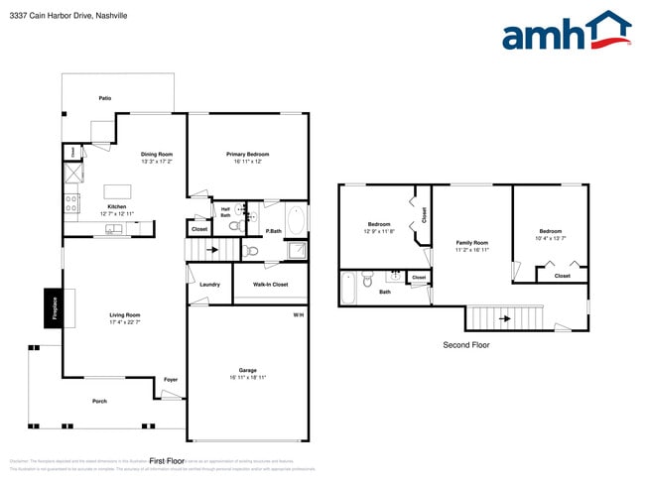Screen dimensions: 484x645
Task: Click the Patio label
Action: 104,98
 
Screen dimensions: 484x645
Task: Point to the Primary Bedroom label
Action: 247,154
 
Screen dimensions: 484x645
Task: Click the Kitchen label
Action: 117,206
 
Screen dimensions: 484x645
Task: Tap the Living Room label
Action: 125,315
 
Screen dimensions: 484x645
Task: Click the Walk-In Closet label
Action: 267,285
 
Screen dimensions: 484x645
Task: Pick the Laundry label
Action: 209,285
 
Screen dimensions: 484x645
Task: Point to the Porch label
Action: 99,401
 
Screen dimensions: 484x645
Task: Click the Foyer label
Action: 171,379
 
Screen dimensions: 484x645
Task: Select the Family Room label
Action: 472,243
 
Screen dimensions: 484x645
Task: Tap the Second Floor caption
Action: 465,345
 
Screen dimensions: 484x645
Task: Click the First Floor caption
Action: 167,460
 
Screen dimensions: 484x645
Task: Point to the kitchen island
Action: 118,191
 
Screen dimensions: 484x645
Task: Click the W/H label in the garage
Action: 298,314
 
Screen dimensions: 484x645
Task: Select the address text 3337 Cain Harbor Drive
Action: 56,16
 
